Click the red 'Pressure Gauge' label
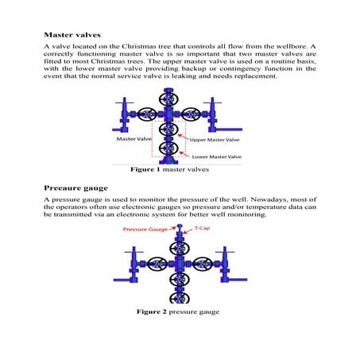[144, 229]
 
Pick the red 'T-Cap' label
[203, 228]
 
